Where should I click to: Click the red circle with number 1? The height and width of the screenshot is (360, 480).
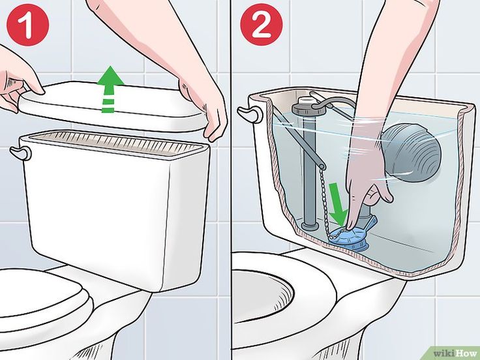(28, 25)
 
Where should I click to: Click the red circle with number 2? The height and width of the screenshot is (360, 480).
(261, 25)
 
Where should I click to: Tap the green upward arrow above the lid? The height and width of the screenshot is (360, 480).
(110, 89)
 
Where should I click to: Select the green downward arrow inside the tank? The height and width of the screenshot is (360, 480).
(338, 203)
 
